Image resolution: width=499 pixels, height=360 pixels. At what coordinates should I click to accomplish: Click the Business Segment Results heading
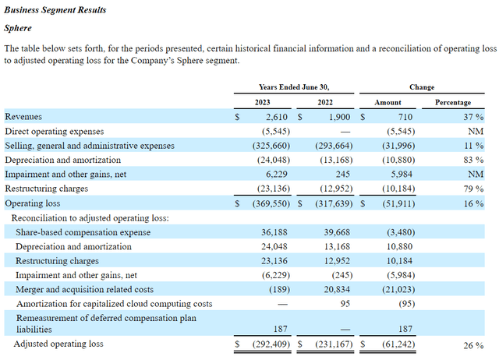[x=55, y=11]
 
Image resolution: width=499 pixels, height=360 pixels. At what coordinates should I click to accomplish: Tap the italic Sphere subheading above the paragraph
[x=19, y=28]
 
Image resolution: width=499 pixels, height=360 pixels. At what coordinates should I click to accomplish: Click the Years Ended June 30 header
[x=293, y=87]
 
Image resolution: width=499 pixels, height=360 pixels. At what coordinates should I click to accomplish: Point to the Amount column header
[x=388, y=102]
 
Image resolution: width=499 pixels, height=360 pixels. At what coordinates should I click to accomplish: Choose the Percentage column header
[x=452, y=102]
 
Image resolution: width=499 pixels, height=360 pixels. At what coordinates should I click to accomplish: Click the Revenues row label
[x=24, y=117]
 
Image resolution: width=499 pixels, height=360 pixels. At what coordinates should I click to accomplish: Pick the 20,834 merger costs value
[x=334, y=288]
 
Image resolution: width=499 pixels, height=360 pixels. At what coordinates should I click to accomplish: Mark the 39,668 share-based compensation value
[x=334, y=231]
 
